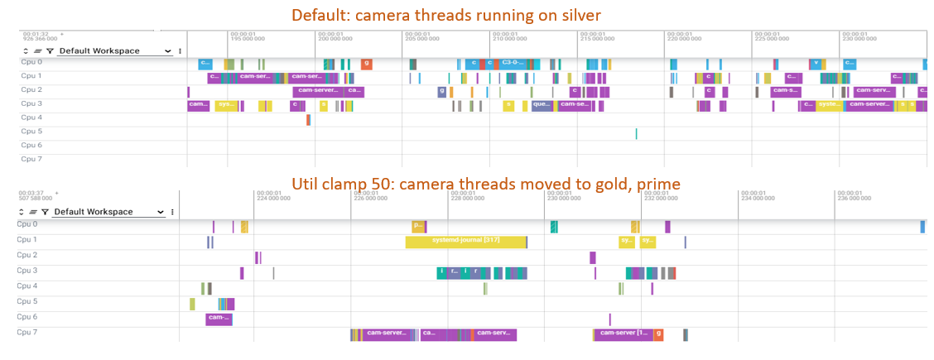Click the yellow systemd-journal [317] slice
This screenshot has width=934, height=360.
coord(465,242)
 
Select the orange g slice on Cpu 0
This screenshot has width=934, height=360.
coord(366,64)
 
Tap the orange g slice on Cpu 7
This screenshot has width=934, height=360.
coord(658,334)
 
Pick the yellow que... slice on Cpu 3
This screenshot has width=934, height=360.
coord(541,105)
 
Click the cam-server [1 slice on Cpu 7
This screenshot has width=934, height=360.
coord(624,334)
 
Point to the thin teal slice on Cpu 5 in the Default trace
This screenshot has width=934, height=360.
coord(636,133)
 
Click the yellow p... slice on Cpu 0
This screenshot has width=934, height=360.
coord(418,226)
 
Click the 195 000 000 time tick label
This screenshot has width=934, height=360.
coord(248,38)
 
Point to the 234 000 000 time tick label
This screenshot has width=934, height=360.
coord(757,199)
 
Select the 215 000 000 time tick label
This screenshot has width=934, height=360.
coord(597,38)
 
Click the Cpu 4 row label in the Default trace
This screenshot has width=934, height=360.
coord(31,118)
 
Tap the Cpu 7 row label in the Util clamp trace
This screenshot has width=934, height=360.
coord(27,332)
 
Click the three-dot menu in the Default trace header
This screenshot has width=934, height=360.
coord(180,51)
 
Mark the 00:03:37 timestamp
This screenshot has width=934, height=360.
coord(31,192)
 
